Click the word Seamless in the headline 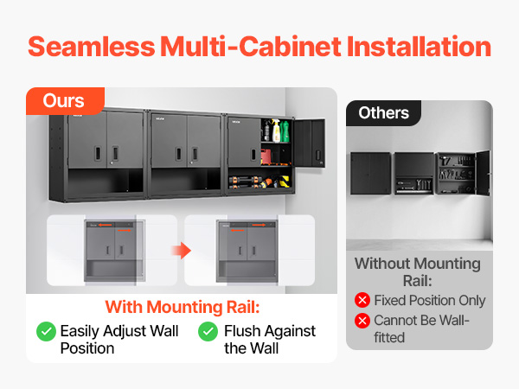[92, 47]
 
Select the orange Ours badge [65, 101]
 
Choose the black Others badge [383, 113]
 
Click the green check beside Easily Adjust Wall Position [46, 331]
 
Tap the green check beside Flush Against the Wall [208, 331]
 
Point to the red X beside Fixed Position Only [362, 300]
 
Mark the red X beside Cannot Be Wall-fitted [362, 321]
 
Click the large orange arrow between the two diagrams [182, 251]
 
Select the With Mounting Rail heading [183, 307]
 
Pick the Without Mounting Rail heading [418, 272]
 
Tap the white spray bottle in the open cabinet [276, 131]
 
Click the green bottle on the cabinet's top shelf [285, 131]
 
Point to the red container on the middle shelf [266, 156]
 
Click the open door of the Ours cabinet [310, 143]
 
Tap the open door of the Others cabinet [483, 173]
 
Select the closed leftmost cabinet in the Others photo [371, 173]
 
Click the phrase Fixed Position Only [430, 300]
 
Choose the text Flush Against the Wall [270, 340]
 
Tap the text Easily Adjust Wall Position [119, 340]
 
